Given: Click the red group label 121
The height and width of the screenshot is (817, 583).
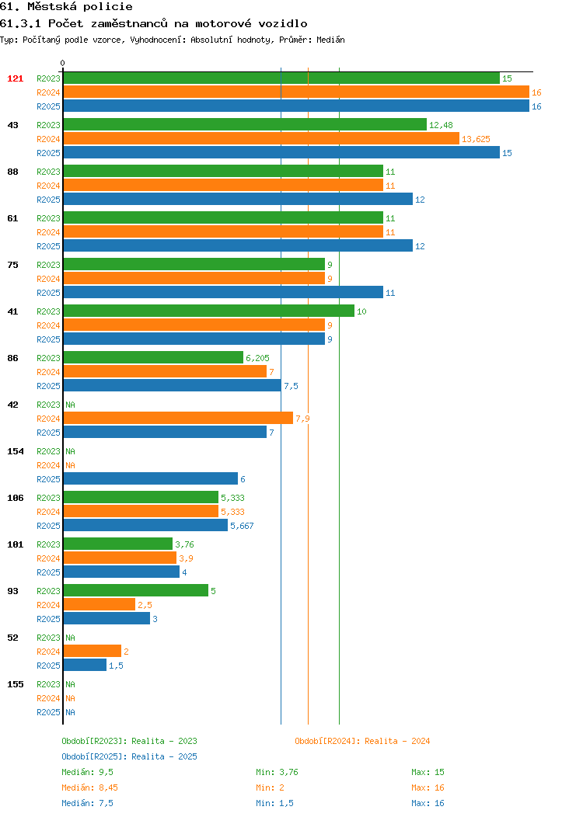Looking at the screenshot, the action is tap(15, 78).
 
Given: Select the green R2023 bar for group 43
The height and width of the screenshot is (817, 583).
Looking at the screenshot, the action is tap(245, 124).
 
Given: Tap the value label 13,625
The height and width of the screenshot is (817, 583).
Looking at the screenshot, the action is tap(476, 139).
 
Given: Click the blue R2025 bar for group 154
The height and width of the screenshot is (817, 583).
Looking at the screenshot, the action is tap(151, 479).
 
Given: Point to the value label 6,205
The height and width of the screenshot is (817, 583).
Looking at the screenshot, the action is tap(257, 358).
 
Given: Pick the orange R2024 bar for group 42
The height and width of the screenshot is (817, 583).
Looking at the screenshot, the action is tap(178, 418).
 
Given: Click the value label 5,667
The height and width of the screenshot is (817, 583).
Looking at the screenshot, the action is tap(242, 526).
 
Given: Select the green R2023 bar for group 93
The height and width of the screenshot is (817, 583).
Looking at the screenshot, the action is tap(135, 590).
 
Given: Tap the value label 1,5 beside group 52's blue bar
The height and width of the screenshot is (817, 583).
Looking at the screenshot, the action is tap(117, 666).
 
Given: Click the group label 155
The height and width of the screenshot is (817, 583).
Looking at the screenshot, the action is tap(15, 684).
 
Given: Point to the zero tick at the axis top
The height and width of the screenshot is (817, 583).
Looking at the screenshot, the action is tap(63, 64).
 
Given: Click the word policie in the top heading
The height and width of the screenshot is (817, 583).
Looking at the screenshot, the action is tap(107, 7).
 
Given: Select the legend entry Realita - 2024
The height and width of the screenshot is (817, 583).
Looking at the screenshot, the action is tap(397, 741).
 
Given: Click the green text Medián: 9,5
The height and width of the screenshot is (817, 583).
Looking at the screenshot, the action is tap(87, 772).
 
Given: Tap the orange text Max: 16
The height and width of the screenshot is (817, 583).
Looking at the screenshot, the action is tap(428, 787).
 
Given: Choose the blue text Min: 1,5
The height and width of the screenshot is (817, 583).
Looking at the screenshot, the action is tap(275, 803).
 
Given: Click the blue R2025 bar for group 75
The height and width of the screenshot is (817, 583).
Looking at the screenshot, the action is tap(223, 292).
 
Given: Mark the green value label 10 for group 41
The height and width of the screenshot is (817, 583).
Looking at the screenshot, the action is tap(361, 311).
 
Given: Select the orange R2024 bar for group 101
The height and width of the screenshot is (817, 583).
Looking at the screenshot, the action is tap(120, 558).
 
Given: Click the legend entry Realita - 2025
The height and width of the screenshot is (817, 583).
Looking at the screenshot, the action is tap(164, 756).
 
